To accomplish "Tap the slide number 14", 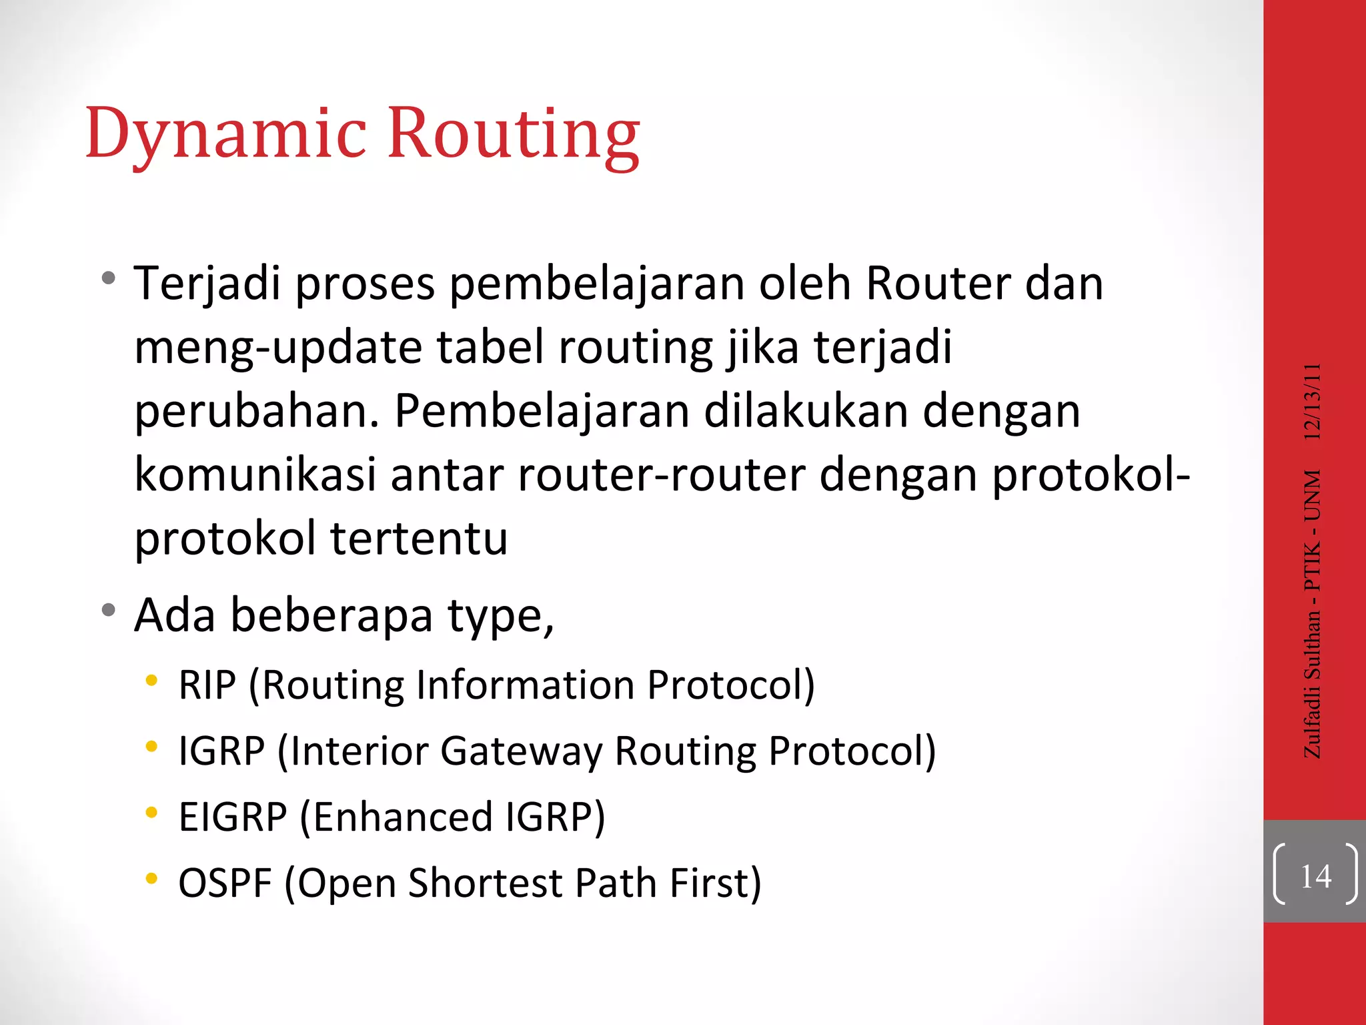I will (x=1315, y=876).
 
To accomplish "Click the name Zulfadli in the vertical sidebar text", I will (x=1312, y=721).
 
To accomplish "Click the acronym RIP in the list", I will (x=207, y=685).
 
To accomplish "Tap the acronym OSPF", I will (x=225, y=884).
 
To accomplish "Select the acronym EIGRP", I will (x=233, y=817).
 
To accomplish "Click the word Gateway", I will (x=521, y=751).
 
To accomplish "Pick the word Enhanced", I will (x=403, y=817).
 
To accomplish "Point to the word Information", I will (x=525, y=685).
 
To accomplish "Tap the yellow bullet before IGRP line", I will (x=152, y=747).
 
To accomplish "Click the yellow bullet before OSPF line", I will (x=152, y=879).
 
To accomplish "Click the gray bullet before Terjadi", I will (x=109, y=278).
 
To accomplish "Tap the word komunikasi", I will (x=255, y=475).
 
